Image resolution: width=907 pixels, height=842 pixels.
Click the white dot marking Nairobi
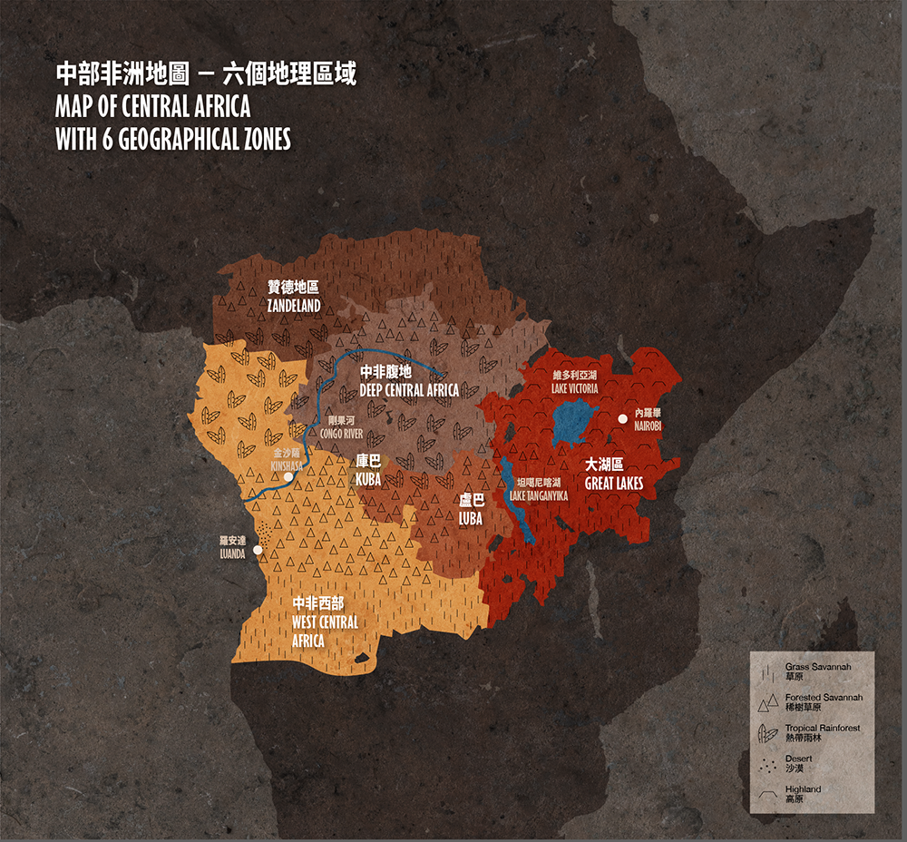[x=623, y=418]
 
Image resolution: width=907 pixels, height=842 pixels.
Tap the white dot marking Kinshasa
[x=288, y=476]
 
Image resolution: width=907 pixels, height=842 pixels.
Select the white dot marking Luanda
[x=258, y=550]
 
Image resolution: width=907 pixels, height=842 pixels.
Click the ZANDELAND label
[x=294, y=306]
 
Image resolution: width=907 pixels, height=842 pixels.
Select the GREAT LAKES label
[x=614, y=484]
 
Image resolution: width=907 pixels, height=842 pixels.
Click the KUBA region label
[x=368, y=478]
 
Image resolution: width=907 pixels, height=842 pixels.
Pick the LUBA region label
[x=471, y=518]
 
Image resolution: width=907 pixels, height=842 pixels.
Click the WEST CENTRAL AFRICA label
[x=325, y=622]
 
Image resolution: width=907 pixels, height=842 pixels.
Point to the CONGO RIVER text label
[x=342, y=434]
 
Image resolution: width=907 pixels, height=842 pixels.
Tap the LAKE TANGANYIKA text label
[x=539, y=495]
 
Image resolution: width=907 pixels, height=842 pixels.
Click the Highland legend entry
[x=802, y=794]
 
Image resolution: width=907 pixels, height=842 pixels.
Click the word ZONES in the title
[x=258, y=140]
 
